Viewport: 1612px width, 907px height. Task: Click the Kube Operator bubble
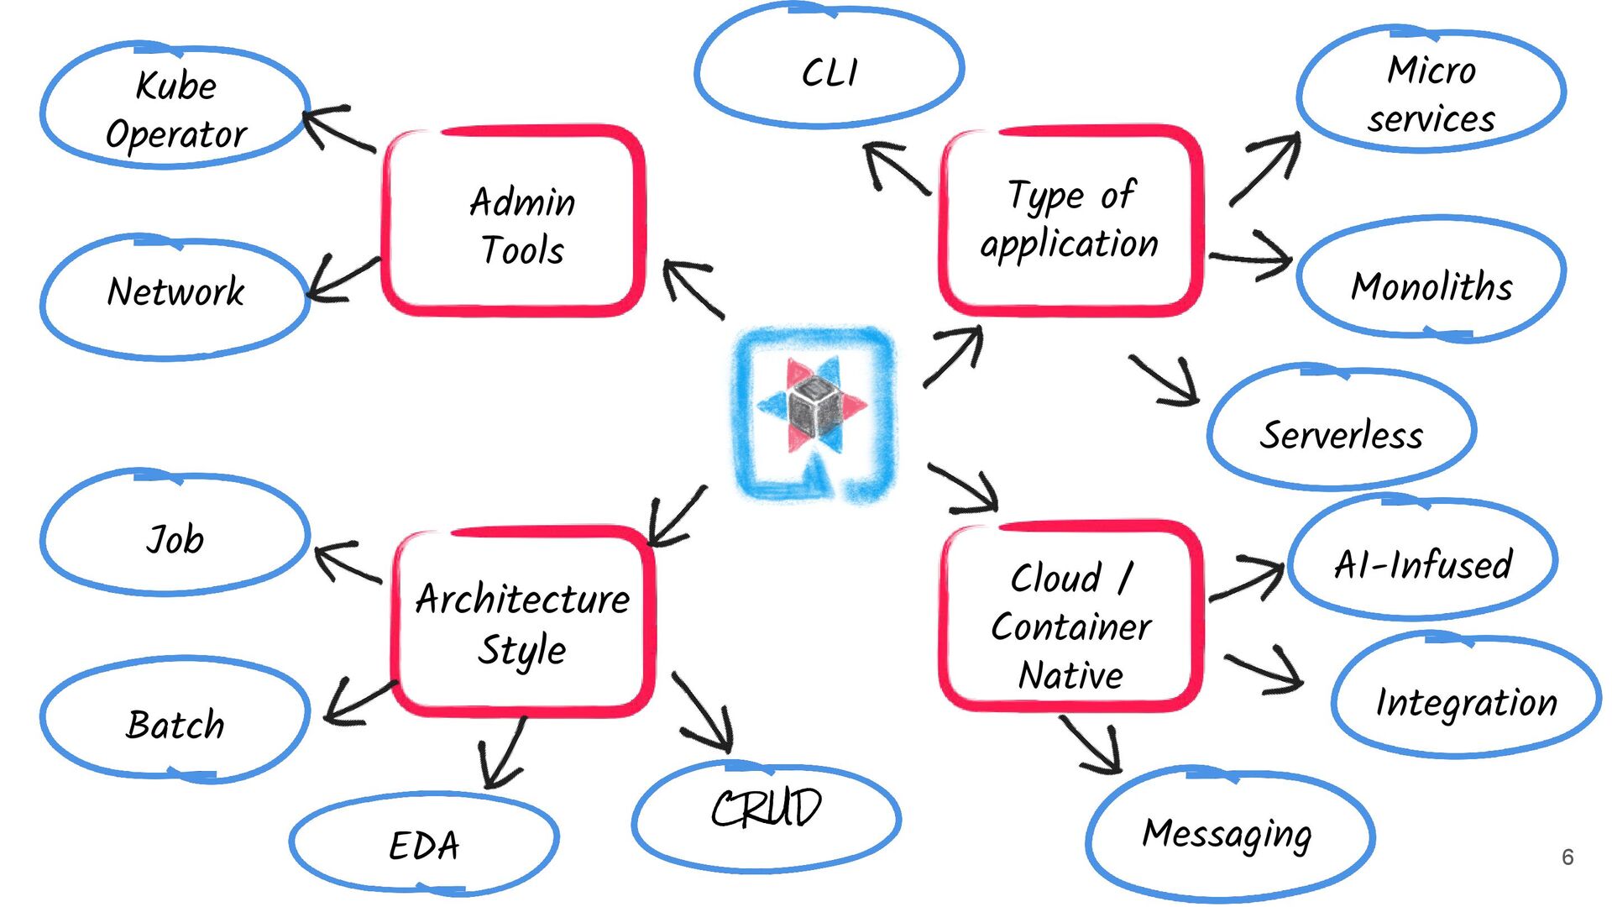175,107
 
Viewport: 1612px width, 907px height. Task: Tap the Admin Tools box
514,223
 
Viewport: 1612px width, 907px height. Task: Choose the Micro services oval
1431,92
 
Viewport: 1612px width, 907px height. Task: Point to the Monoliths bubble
1431,281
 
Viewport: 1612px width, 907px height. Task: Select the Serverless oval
1341,429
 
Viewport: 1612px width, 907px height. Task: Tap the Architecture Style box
522,621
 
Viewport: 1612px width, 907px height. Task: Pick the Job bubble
175,535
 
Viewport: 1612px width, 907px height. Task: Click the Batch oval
175,721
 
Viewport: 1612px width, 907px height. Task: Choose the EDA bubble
424,842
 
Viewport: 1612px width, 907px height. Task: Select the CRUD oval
766,812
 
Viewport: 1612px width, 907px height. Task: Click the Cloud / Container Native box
1070,617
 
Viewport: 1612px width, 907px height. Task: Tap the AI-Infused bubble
1422,560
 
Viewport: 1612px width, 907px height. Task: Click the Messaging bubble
1228,834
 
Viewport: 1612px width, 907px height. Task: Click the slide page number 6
1567,857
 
